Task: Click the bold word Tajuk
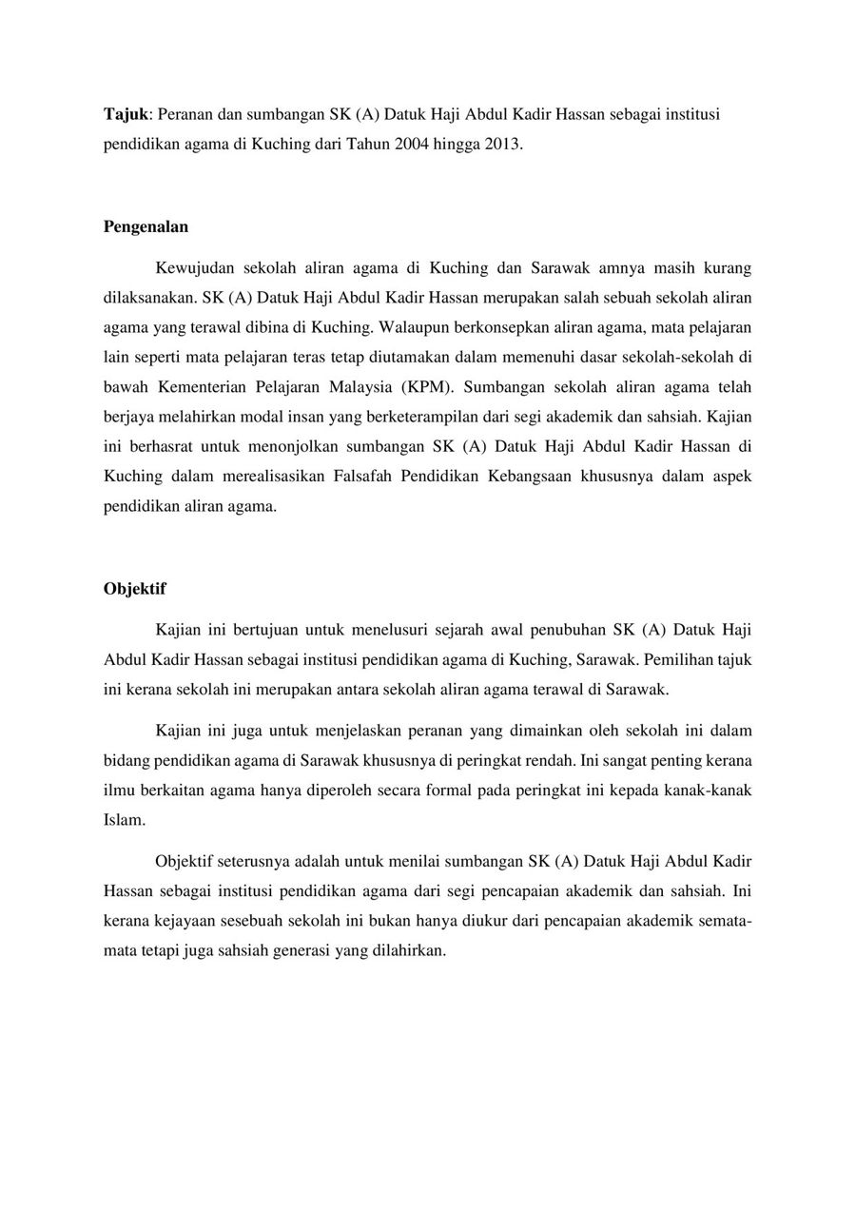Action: (x=126, y=114)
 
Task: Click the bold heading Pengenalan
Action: (x=146, y=226)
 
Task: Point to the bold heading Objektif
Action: (x=134, y=588)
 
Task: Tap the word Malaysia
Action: (x=359, y=387)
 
